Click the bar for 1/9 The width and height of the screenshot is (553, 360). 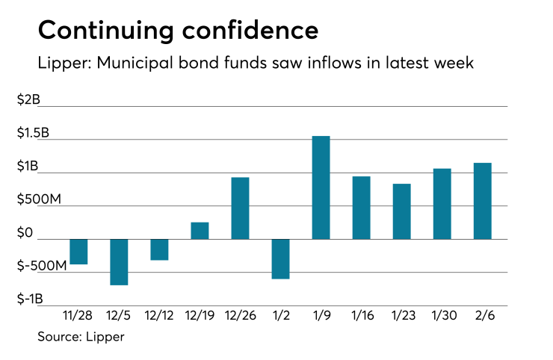coord(321,187)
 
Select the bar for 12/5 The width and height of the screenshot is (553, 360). coord(119,261)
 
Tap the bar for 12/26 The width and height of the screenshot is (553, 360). coord(240,208)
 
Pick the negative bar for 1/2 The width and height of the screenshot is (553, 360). coord(280,258)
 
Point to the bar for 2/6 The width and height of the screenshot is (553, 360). coord(482,201)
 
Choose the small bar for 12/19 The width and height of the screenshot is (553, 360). coord(200,231)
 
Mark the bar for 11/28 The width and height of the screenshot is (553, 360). coord(78,252)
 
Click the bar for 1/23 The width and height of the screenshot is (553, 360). coord(401,211)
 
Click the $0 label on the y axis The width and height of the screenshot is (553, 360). coord(25,233)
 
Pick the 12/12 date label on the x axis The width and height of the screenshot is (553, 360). coord(159,316)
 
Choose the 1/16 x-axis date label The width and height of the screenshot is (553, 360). coord(361,316)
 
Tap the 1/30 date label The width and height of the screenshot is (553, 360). coord(442,316)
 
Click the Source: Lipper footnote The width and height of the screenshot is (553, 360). coord(81,337)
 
